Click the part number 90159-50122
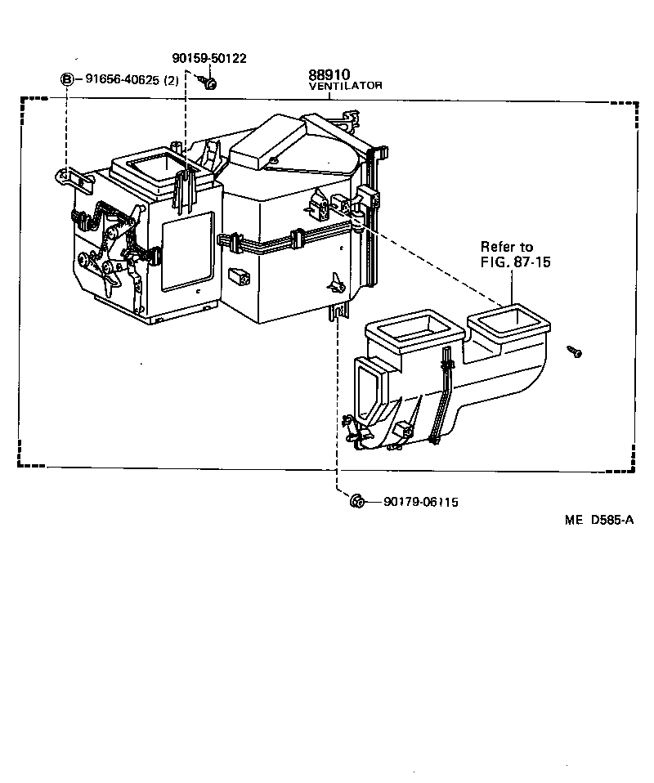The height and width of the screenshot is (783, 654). coord(209,58)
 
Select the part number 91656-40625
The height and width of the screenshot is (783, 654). coord(123,80)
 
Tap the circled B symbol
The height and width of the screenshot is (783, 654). coord(67,80)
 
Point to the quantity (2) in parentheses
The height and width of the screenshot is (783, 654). coord(172,80)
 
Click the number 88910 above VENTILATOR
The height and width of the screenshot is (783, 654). coord(329,74)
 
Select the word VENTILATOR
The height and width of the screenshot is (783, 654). coord(345,85)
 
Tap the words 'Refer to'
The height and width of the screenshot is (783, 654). coord(506,247)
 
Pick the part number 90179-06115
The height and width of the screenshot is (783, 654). coord(420,502)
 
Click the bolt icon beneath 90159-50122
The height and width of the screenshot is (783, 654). coord(208,82)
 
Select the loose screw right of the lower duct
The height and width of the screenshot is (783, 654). coord(576,351)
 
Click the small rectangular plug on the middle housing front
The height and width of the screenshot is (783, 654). coord(240,276)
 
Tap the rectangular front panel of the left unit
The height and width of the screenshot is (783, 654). coord(189,251)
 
